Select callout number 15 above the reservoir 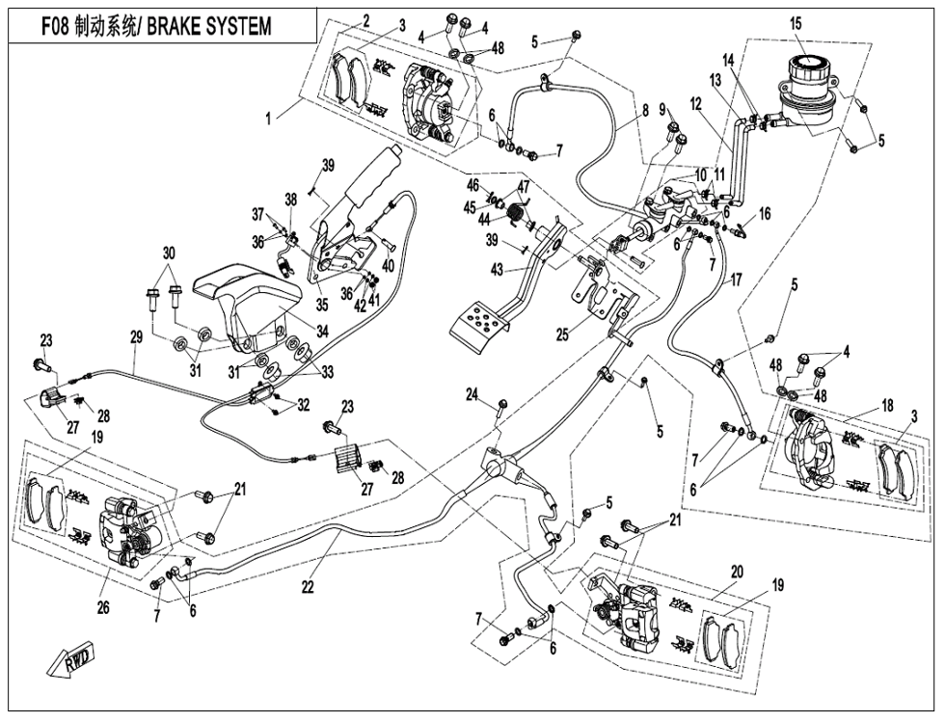[x=796, y=23]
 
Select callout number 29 [x=136, y=336]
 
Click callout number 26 [x=103, y=607]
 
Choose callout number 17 [x=736, y=281]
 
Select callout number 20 [x=737, y=572]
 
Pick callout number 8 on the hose [x=643, y=111]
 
